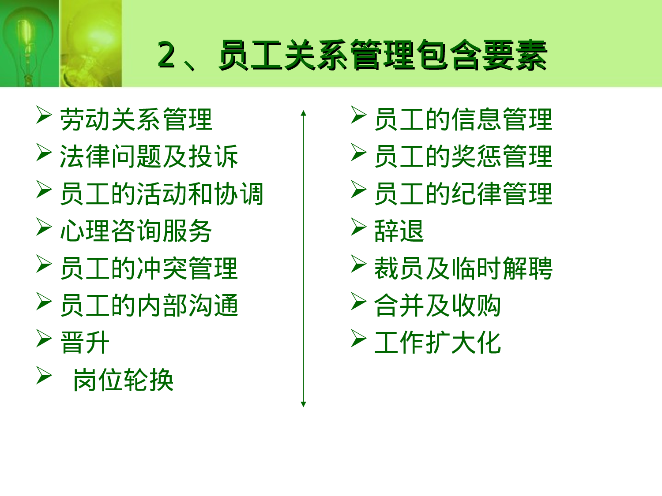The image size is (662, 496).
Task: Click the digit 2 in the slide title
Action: coord(166,55)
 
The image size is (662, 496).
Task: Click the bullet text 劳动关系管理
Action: coord(136,119)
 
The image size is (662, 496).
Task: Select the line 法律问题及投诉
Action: coord(149,157)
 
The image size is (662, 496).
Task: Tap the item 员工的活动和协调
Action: coord(162,194)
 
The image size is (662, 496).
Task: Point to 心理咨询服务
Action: coord(136,231)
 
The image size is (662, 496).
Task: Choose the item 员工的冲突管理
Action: coord(149,268)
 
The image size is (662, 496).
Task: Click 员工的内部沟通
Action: coord(149,306)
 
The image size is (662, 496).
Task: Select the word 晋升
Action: coord(85,343)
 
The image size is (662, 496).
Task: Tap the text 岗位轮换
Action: coord(123,380)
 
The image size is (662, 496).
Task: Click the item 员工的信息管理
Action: coord(463,119)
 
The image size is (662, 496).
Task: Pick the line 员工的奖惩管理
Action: coord(463,157)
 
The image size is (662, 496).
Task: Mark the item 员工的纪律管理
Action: coord(463,194)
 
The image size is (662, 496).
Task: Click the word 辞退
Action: coord(399,231)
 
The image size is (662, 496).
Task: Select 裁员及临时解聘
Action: coord(463,268)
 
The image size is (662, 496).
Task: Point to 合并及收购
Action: coord(437,306)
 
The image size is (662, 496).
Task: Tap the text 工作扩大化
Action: coord(437,343)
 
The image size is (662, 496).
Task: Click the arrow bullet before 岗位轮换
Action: coord(44,376)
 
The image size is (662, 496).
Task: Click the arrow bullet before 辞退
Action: coord(358,227)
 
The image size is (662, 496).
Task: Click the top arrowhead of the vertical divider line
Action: coord(303,113)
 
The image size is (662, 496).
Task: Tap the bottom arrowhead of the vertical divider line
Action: coord(303,404)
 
